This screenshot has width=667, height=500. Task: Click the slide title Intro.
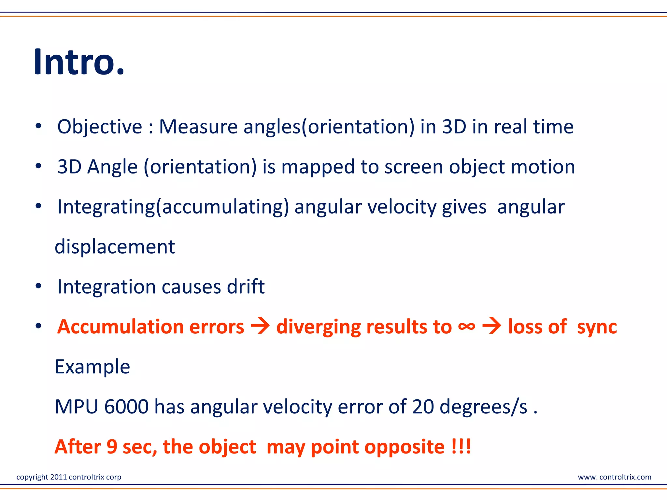click(x=79, y=62)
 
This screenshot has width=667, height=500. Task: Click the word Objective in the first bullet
click(x=100, y=127)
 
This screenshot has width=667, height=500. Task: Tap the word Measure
click(x=198, y=127)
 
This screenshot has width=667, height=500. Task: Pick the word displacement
click(x=115, y=247)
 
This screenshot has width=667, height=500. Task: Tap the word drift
click(x=246, y=287)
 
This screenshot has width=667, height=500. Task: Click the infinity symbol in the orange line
click(x=466, y=326)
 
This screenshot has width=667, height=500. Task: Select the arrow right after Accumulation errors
click(x=260, y=326)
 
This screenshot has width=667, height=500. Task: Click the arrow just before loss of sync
click(x=491, y=326)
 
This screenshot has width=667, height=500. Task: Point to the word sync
click(x=597, y=327)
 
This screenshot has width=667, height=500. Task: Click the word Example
click(x=92, y=367)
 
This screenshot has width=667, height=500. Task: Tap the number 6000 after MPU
click(x=126, y=407)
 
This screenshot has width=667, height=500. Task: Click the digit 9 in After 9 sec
click(x=112, y=447)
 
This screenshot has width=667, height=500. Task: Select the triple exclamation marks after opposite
click(x=461, y=447)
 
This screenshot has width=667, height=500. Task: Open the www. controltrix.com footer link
click(x=614, y=477)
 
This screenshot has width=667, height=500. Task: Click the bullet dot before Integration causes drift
click(x=38, y=286)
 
